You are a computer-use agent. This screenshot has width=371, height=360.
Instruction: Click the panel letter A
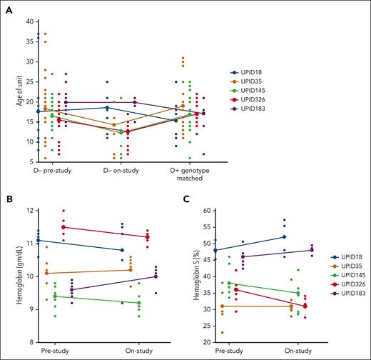pyautogui.click(x=8, y=8)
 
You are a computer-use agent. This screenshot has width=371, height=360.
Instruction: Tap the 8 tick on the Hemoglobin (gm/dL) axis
pyautogui.click(x=31, y=342)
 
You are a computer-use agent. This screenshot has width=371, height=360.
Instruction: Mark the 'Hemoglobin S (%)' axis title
pyautogui.click(x=198, y=276)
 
